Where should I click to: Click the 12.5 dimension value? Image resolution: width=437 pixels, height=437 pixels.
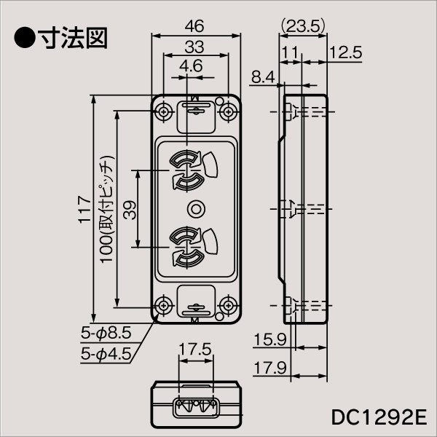pos(345,52)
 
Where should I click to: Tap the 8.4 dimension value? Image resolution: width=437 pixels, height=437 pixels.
pos(263,75)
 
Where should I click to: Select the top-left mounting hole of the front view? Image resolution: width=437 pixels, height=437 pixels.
pos(163,111)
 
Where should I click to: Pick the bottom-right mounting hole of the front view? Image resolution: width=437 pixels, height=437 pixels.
pos(229,306)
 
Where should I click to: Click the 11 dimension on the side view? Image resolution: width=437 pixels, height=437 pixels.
pos(289,52)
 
